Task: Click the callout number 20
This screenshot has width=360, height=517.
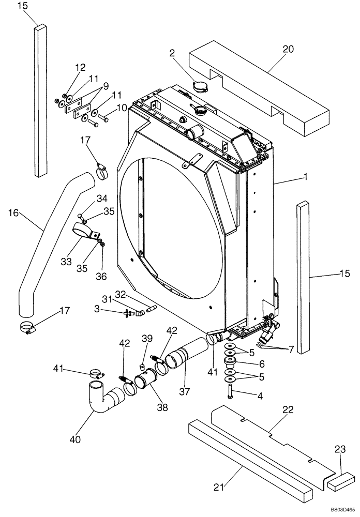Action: pyautogui.click(x=288, y=49)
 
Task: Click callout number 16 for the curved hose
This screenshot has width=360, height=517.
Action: pyautogui.click(x=14, y=212)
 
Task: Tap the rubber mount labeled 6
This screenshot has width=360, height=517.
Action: pyautogui.click(x=229, y=360)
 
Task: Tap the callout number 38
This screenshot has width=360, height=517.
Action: pyautogui.click(x=163, y=407)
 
